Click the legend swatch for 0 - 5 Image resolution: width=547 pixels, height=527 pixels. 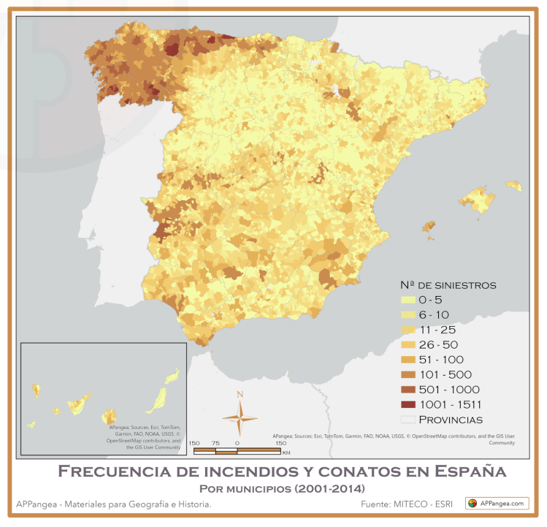click(408, 300)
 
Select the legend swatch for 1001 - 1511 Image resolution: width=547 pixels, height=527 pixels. click(408, 404)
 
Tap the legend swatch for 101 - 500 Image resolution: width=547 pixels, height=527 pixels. click(408, 374)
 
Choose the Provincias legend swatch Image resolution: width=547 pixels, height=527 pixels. click(408, 420)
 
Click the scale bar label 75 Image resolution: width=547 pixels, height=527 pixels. click(215, 443)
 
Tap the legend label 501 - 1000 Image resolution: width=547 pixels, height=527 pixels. click(445, 389)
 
